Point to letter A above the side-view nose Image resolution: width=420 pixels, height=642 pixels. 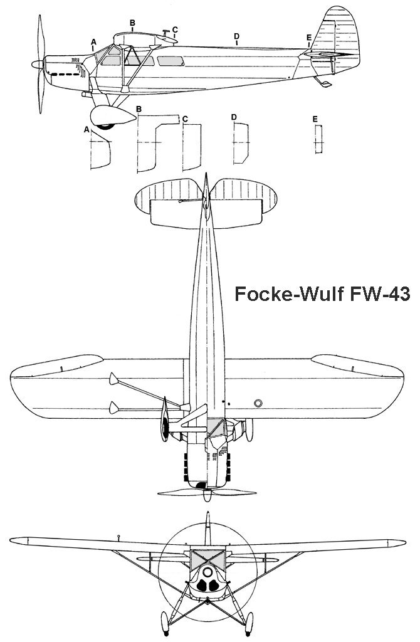click(x=93, y=42)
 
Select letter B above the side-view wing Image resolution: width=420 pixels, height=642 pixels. click(x=132, y=23)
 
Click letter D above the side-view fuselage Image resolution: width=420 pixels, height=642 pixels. click(x=236, y=36)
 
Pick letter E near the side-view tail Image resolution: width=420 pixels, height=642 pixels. click(x=309, y=38)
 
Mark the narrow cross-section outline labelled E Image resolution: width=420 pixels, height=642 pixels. click(x=318, y=139)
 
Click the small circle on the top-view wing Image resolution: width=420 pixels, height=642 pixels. click(x=258, y=402)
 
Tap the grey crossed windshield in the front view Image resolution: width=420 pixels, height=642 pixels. click(x=207, y=557)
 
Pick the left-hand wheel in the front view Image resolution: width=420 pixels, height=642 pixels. click(x=165, y=621)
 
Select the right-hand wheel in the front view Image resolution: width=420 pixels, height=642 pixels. click(x=248, y=621)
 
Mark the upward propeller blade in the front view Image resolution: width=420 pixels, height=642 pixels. click(x=207, y=527)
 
